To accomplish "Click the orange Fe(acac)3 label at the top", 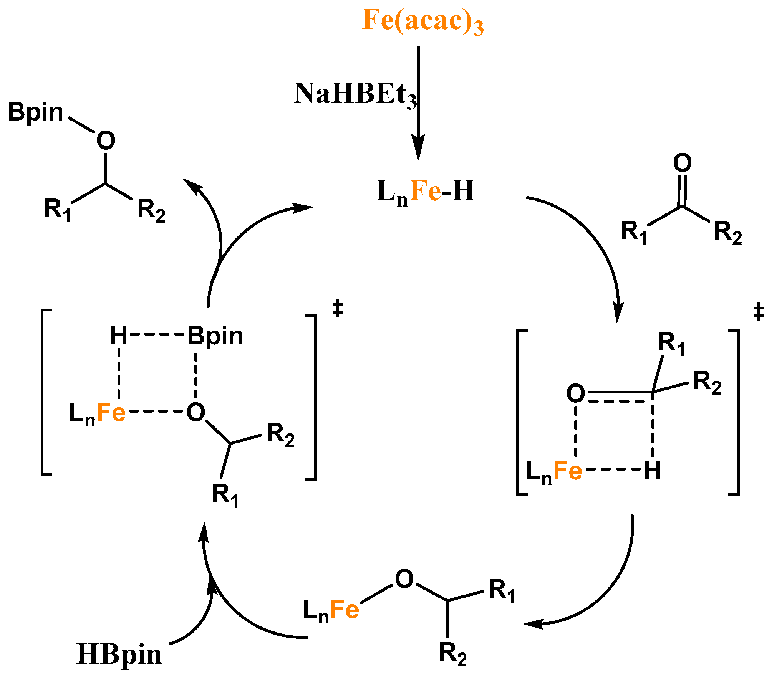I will [x=422, y=21].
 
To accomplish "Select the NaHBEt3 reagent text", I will [x=355, y=94].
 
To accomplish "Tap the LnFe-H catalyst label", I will [x=426, y=192].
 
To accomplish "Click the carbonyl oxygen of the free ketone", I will [x=682, y=163].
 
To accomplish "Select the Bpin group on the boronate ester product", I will [x=35, y=113].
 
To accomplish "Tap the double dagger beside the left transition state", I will [x=338, y=309].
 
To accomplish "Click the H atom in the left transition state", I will [x=118, y=336].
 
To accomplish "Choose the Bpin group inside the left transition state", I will [x=215, y=336].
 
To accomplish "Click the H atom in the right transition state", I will [x=653, y=471].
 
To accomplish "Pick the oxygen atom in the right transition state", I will [x=575, y=393].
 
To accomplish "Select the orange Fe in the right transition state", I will [x=568, y=471].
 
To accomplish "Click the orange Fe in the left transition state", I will [x=111, y=413].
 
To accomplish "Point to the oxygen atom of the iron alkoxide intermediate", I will [x=404, y=579].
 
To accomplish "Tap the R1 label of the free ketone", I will [x=634, y=232].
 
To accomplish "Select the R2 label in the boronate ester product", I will [x=151, y=210].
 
